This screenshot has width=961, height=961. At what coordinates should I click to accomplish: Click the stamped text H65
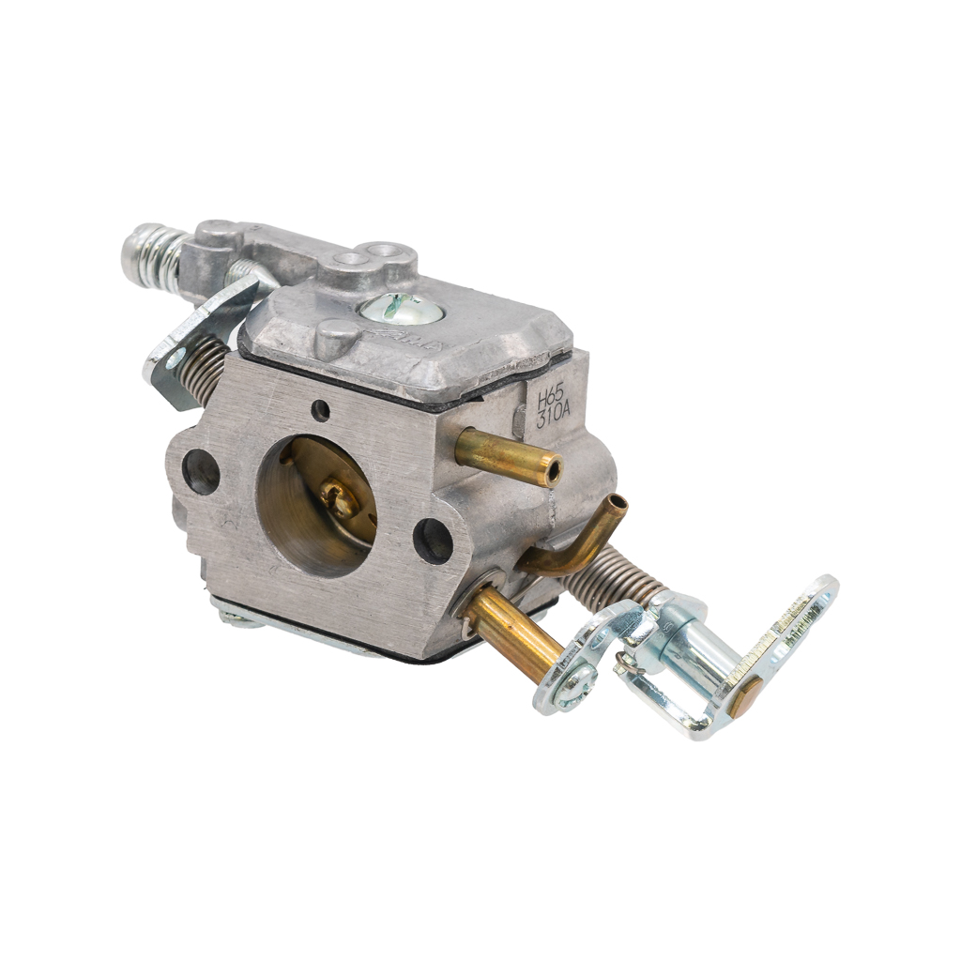pos(550,398)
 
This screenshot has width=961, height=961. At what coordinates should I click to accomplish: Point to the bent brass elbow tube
pos(572,544)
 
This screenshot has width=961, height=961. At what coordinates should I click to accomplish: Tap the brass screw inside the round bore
pos(338,498)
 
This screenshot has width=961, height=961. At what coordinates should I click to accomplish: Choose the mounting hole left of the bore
pos(201,471)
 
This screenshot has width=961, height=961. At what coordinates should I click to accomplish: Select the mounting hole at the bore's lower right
pos(433,541)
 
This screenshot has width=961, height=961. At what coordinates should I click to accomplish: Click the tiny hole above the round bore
pos(320,410)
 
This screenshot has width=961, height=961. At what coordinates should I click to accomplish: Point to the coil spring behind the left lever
pos(209,367)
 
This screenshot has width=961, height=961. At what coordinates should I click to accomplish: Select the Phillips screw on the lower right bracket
pos(574,686)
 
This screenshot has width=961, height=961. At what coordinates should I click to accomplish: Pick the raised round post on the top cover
pos(335,337)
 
